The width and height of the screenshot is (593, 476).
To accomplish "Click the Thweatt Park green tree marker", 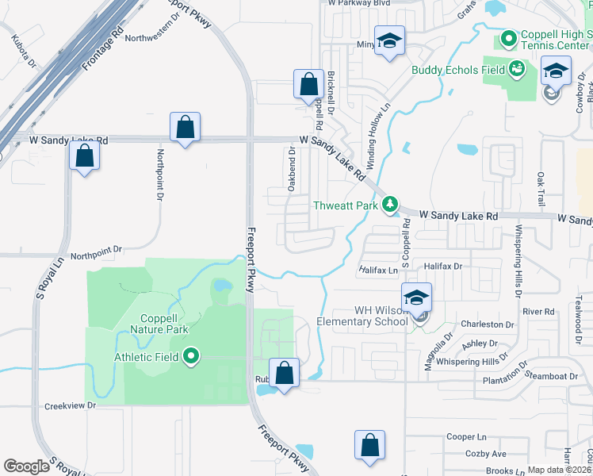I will click(x=389, y=205).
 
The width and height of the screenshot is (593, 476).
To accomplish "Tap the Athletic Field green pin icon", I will click(x=190, y=358).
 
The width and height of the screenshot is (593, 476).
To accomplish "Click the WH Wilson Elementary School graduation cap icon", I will click(x=416, y=298).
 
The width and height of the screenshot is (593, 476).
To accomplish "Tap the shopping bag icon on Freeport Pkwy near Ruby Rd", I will click(x=284, y=372).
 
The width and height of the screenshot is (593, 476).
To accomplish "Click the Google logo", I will click(x=26, y=466).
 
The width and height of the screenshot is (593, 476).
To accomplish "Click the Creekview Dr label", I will click(x=70, y=405).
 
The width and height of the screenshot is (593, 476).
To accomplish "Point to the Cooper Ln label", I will click(x=466, y=436).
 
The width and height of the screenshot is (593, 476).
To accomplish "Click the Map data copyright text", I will click(x=560, y=470).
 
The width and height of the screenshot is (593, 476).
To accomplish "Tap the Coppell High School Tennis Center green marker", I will click(x=507, y=37).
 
